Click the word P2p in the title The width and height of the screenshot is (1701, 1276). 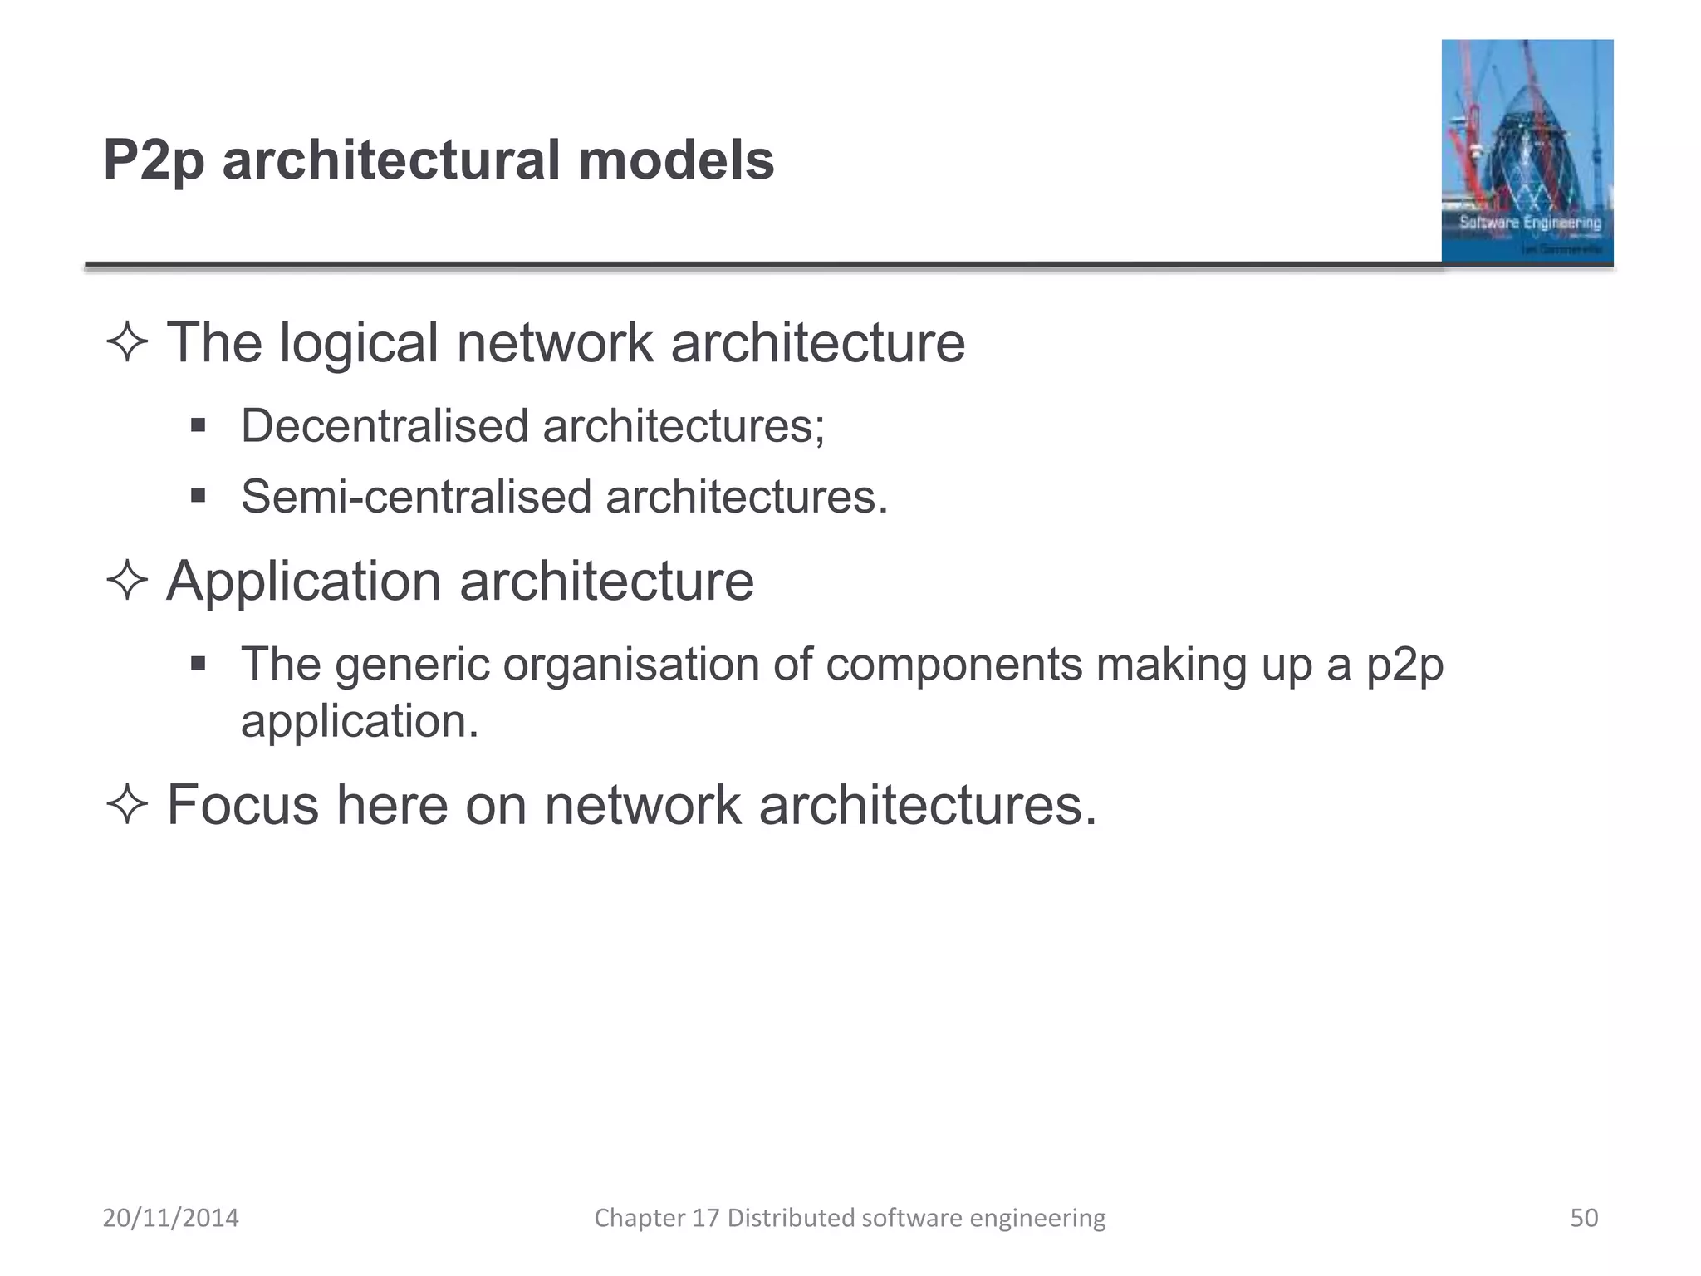point(154,160)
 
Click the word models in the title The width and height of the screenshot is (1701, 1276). point(676,160)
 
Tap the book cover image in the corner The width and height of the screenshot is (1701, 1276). point(1527,151)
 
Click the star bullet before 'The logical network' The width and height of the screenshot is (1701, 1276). point(127,342)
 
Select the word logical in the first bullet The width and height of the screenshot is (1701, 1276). point(358,344)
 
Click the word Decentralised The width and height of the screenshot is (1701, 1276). point(385,426)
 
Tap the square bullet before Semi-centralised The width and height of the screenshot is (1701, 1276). point(198,497)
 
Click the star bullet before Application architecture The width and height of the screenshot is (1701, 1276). point(127,580)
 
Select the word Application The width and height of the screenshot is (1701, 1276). point(303,582)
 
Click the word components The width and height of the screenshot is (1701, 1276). point(953,666)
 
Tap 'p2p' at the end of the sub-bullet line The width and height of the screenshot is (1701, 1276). point(1404,666)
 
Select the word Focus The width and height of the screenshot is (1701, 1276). point(243,805)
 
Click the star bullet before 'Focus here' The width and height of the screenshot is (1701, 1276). point(127,805)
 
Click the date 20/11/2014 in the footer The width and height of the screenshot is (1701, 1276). point(170,1218)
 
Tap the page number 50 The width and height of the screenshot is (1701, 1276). point(1583,1218)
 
